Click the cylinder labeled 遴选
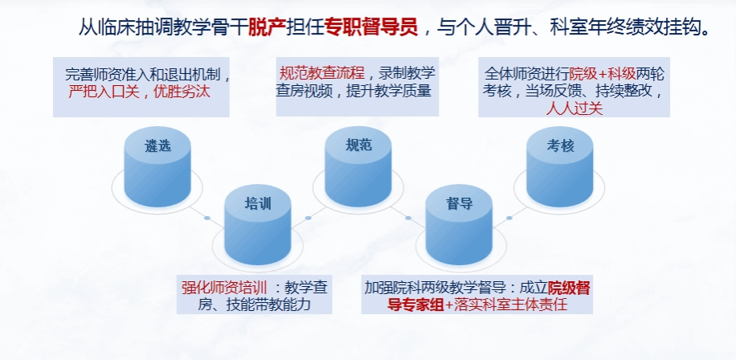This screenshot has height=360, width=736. coord(157,166)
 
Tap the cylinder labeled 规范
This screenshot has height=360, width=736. coord(358,166)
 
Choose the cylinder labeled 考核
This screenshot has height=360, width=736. coord(559,166)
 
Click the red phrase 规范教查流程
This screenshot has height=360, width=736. coord(322,73)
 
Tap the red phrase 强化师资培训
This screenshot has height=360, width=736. coord(224,287)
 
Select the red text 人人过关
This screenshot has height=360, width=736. coord(574,108)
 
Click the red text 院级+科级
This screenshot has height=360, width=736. coord(603,74)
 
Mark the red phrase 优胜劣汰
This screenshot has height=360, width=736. coord(182,91)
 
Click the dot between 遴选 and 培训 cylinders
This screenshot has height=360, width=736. coord(207,218)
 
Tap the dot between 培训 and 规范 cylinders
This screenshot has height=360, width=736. coord(309,218)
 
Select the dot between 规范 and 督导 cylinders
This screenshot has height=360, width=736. coord(408,218)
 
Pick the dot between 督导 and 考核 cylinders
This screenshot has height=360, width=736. coord(509,218)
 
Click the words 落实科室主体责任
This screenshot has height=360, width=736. coord(511,305)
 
